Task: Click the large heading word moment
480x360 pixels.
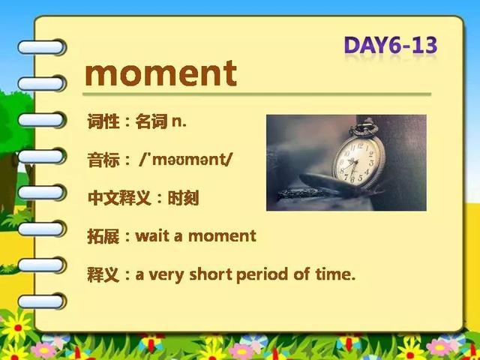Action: pos(161,73)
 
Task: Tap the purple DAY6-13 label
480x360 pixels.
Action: pos(391,45)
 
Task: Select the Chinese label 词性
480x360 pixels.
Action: pos(103,121)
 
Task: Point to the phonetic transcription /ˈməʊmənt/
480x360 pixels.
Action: pos(186,160)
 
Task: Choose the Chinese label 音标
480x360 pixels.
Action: pos(103,160)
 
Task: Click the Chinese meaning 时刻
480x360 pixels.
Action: pos(183,198)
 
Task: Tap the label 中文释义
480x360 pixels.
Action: pos(119,198)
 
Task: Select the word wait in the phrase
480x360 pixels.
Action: pos(152,236)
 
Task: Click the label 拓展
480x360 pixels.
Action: pos(103,236)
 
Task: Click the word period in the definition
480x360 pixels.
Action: pos(262,274)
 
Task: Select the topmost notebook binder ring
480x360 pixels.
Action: pos(41,47)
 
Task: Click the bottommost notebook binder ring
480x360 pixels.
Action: pos(41,301)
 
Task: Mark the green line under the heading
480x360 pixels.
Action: pos(256,94)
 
